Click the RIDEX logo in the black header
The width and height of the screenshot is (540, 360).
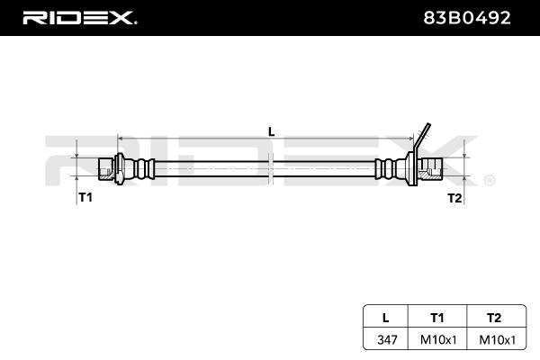(79, 18)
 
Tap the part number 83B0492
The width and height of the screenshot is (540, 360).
(466, 18)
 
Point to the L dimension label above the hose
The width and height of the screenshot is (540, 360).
(272, 131)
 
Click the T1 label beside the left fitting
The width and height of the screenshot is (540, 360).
(85, 197)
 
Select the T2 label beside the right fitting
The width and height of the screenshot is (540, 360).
(454, 198)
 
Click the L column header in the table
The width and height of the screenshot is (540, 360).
(386, 318)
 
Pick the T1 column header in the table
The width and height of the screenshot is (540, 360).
(437, 318)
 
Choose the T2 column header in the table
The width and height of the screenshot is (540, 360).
(494, 318)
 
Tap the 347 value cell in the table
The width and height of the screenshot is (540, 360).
(387, 340)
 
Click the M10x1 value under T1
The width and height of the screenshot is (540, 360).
(438, 340)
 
